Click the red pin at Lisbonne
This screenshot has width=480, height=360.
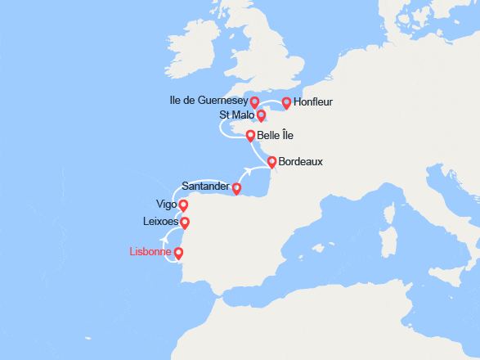[179, 253]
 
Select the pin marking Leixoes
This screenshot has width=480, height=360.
[184, 222]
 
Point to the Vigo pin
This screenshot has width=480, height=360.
[183, 205]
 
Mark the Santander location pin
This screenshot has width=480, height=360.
[236, 188]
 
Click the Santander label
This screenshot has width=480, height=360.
[204, 187]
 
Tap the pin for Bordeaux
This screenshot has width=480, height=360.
[271, 162]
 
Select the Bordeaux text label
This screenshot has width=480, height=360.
[300, 162]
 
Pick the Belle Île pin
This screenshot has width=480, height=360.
[250, 135]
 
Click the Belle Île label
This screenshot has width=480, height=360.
[276, 134]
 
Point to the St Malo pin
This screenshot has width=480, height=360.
[261, 115]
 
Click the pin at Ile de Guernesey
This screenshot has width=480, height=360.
[254, 101]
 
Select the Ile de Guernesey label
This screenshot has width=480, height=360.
[209, 101]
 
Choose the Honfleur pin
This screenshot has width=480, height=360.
[286, 102]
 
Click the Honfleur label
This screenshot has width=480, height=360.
[313, 102]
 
